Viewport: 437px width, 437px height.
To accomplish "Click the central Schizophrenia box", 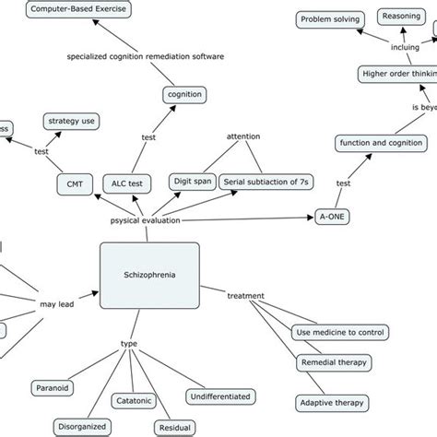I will pyautogui.click(x=148, y=276).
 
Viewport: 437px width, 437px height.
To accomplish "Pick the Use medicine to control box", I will pyautogui.click(x=339, y=332).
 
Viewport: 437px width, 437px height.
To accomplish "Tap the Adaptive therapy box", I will pyautogui.click(x=332, y=403).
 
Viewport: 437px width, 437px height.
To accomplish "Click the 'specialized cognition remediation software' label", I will pyautogui.click(x=146, y=56).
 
